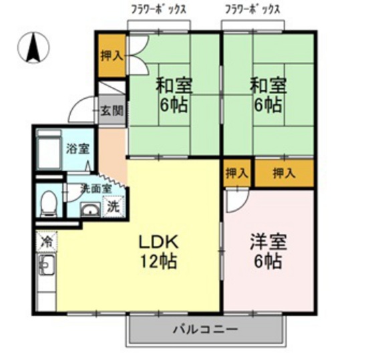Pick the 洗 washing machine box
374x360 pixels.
pos(114,206)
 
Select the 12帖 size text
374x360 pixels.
pos(158,261)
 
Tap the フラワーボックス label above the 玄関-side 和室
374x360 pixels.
pos(158,9)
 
